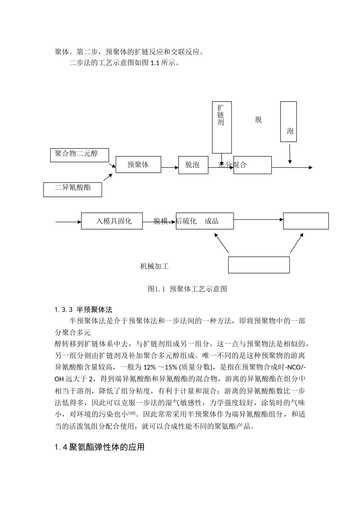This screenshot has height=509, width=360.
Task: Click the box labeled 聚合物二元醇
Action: tap(80, 155)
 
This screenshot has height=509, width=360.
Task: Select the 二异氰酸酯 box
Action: tap(73, 189)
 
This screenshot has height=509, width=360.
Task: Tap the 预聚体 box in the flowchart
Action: tap(138, 165)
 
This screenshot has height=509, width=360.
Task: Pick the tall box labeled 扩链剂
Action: tap(221, 127)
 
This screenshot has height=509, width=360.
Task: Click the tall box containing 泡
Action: tap(288, 122)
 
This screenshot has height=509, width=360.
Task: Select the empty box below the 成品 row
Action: tap(259, 265)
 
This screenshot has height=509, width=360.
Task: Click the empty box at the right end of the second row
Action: tap(306, 221)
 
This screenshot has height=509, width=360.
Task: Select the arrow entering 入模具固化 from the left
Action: tap(68, 222)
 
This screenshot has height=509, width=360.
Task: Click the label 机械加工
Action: tap(154, 267)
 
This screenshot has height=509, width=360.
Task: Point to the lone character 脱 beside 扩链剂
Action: tap(258, 120)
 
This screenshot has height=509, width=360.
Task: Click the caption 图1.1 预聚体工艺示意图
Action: tap(187, 289)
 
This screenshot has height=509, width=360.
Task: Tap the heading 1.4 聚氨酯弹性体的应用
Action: tap(100, 447)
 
